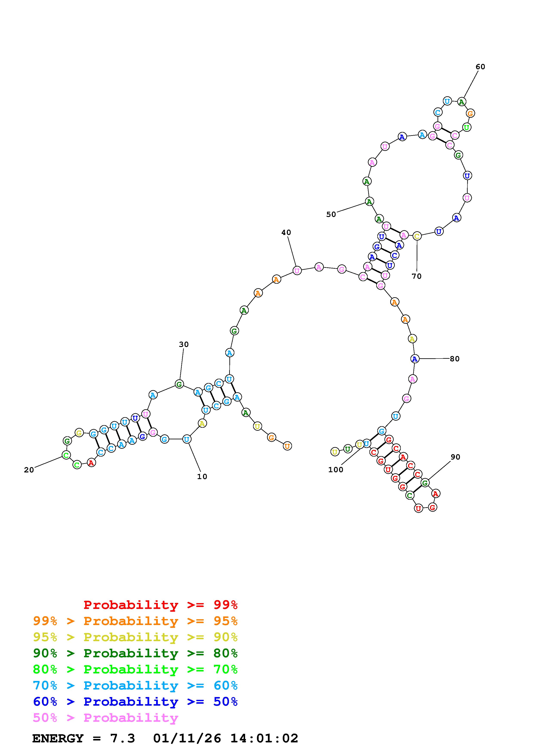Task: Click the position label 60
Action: pos(480,67)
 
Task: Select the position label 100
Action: pos(336,470)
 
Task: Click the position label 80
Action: pos(455,359)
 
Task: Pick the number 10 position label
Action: pos(202,477)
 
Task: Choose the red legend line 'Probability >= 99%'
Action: pos(161,605)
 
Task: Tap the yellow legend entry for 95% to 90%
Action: pos(135,637)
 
